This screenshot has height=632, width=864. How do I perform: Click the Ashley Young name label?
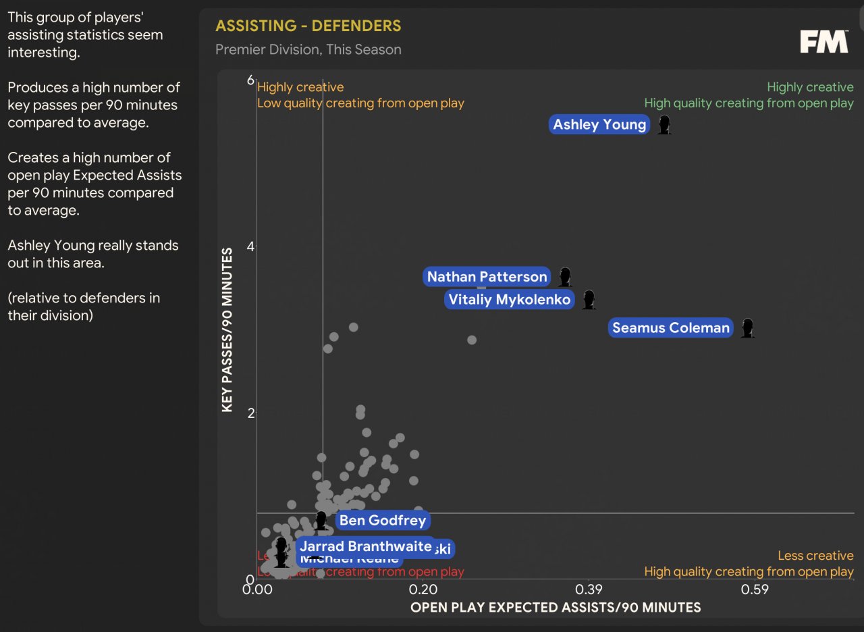pyautogui.click(x=599, y=124)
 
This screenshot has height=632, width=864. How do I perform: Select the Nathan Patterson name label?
pyautogui.click(x=487, y=277)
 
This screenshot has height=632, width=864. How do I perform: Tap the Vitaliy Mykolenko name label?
pyautogui.click(x=510, y=300)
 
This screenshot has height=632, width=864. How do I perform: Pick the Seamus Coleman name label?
pyautogui.click(x=671, y=328)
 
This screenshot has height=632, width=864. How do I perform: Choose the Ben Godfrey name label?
pyautogui.click(x=383, y=520)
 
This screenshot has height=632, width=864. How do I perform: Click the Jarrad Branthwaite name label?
pyautogui.click(x=364, y=546)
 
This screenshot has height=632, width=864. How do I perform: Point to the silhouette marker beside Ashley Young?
pyautogui.click(x=664, y=125)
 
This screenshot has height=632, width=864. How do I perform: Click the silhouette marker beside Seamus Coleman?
pyautogui.click(x=747, y=328)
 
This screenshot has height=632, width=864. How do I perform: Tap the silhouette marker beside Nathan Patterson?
pyautogui.click(x=565, y=277)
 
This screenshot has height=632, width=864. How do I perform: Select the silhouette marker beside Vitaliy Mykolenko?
pyautogui.click(x=589, y=300)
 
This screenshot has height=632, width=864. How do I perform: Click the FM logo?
pyautogui.click(x=823, y=42)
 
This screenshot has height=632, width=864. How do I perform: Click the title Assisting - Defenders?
pyautogui.click(x=308, y=26)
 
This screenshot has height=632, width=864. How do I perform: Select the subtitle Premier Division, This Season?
pyautogui.click(x=308, y=49)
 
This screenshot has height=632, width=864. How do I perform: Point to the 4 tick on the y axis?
pyautogui.click(x=250, y=246)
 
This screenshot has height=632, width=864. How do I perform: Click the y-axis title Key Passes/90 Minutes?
pyautogui.click(x=227, y=330)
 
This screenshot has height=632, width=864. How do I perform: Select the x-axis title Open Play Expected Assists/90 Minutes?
pyautogui.click(x=556, y=608)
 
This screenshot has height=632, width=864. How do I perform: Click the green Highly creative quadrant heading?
pyautogui.click(x=810, y=87)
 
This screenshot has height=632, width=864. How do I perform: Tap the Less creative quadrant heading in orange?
pyautogui.click(x=815, y=556)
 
